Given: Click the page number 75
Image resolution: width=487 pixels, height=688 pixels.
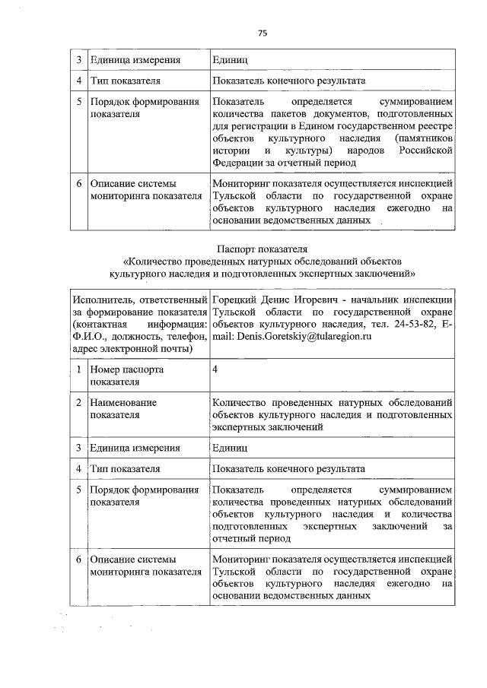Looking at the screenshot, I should [263, 33].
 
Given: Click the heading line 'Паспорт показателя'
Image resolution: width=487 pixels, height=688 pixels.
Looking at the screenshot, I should [262, 248].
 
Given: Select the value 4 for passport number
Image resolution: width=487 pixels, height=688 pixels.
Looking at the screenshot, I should [216, 369].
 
